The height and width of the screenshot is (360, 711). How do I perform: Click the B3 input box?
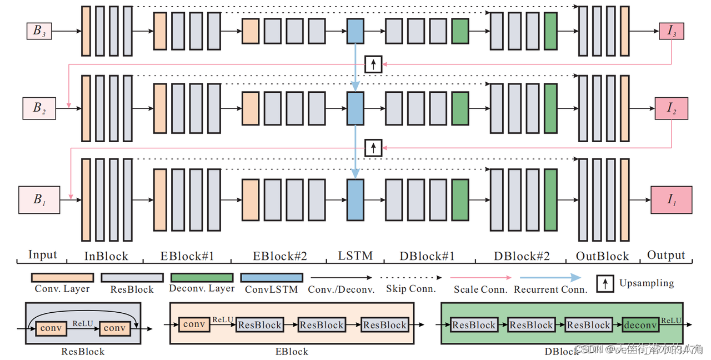(x=39, y=31)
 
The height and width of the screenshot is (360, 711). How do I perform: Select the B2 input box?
(x=39, y=108)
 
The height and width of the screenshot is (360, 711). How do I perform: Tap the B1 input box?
(x=39, y=199)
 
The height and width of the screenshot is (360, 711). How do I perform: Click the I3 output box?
(x=671, y=31)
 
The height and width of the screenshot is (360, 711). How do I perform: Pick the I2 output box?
(x=671, y=108)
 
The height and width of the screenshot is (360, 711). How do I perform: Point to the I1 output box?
(x=671, y=199)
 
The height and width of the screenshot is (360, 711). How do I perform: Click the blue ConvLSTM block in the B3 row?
(x=355, y=31)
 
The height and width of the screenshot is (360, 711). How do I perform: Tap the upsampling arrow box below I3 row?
(x=373, y=64)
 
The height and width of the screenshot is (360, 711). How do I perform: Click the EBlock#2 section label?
(x=280, y=256)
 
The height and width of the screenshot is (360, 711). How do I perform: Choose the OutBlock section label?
(x=602, y=256)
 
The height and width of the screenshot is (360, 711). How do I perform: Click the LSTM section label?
(x=355, y=256)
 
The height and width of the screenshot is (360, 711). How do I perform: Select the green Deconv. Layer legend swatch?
(x=202, y=277)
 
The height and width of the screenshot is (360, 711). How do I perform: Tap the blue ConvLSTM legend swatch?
(x=272, y=277)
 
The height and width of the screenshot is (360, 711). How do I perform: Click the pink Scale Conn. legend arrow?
(x=480, y=277)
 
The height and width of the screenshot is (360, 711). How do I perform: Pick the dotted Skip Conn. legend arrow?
(x=410, y=277)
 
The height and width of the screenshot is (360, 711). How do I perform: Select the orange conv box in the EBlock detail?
(x=194, y=324)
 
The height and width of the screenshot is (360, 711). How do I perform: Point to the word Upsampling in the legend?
(x=647, y=283)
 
